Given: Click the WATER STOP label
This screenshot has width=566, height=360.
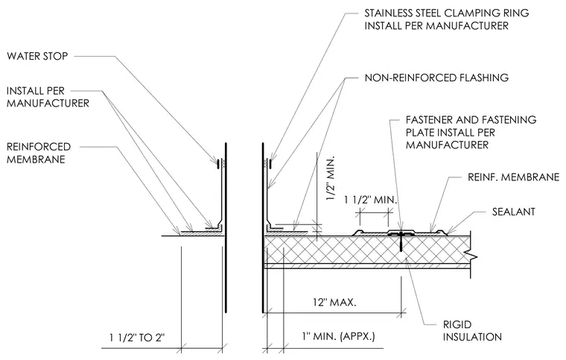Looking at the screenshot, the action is [37, 56].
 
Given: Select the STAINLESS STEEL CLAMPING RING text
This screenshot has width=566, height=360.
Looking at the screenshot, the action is [447, 13].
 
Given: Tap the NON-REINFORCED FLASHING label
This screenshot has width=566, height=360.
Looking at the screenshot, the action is [436, 78].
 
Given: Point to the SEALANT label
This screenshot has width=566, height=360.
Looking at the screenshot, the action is [513, 212].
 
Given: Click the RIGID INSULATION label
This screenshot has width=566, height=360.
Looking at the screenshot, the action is [472, 331].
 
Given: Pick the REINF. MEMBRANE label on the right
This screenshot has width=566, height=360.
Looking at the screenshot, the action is [513, 177].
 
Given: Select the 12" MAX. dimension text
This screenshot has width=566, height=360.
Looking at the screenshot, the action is [334, 302].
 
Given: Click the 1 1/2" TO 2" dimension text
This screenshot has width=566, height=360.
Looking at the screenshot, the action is [137, 338].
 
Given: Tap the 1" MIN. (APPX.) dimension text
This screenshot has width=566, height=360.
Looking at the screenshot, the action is [339, 337].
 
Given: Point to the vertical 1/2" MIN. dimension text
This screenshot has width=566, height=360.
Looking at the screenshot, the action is [330, 179].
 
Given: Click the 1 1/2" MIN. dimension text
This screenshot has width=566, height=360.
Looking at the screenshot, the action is [370, 200].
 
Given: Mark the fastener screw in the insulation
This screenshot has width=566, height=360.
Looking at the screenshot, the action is [401, 241].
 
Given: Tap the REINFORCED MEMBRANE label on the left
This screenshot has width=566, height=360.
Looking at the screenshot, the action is [39, 153].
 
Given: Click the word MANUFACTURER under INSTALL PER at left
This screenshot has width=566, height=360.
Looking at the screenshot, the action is [48, 104].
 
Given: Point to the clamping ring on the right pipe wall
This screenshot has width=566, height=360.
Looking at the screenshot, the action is [270, 164].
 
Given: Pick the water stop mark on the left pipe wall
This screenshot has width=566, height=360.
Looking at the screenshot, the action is [217, 164].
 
